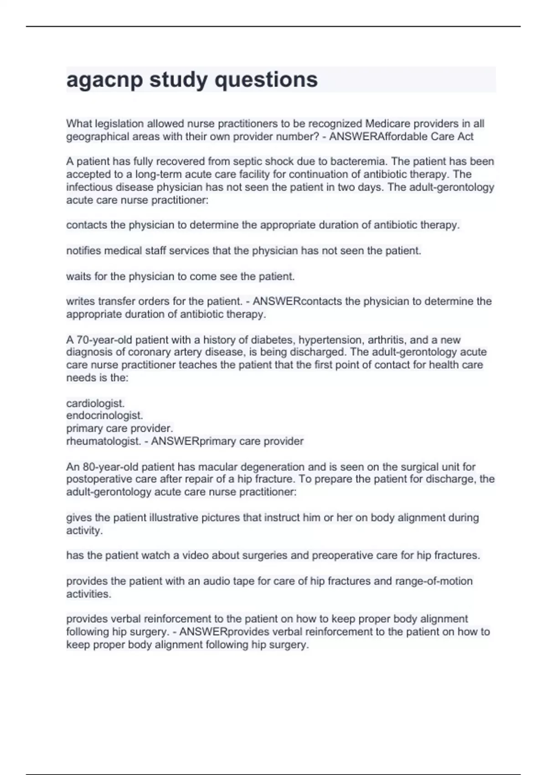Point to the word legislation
(x=118, y=124)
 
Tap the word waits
(x=77, y=276)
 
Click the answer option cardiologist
(x=95, y=403)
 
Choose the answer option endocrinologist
(x=104, y=416)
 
